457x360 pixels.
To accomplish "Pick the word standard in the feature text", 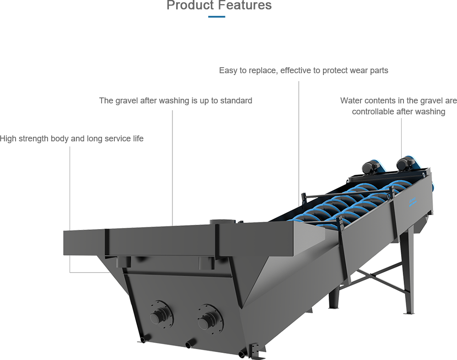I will pyautogui.click(x=236, y=101).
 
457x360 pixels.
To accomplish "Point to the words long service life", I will pyautogui.click(x=114, y=138).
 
